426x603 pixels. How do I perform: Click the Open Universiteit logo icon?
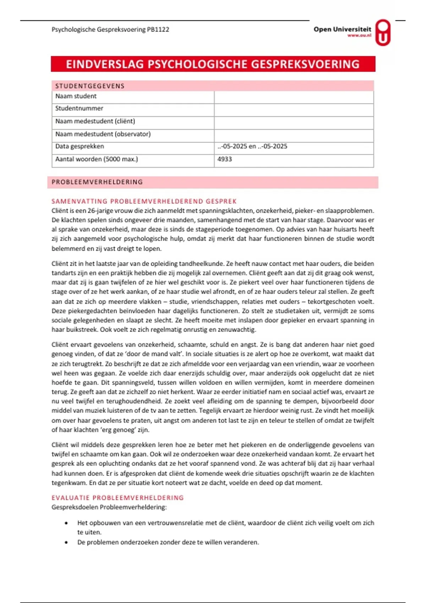[383, 33]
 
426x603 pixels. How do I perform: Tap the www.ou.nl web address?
[359, 35]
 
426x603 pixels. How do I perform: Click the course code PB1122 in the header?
[158, 29]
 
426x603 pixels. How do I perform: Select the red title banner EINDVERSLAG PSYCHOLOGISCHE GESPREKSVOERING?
[213, 64]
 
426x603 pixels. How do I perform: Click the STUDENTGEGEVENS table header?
[90, 86]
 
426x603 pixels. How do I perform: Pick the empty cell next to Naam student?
[294, 97]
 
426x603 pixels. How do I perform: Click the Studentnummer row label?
[79, 109]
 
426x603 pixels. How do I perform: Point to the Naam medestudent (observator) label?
[103, 134]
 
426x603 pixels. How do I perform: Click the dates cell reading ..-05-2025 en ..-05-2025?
[252, 146]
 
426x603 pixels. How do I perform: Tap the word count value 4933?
[225, 159]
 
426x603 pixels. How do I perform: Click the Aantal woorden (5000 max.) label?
[97, 159]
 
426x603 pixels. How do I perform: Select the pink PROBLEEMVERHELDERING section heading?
[97, 182]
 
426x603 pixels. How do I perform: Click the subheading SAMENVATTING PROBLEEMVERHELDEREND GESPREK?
[144, 201]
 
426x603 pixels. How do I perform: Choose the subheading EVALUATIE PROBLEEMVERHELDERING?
[118, 498]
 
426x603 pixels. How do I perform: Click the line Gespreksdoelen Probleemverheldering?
[109, 507]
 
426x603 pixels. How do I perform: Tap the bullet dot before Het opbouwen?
[66, 523]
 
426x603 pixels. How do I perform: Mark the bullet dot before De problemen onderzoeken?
[66, 543]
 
